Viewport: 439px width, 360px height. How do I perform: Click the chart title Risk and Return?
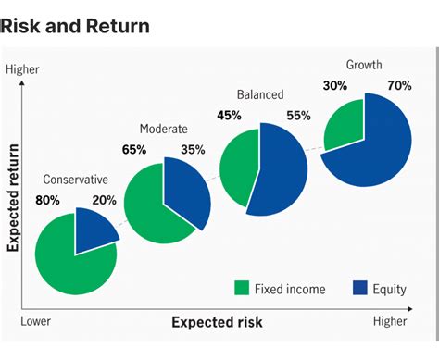point(75,25)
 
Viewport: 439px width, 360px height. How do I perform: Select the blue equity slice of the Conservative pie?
point(95,229)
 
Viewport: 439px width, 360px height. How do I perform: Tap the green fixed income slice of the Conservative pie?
point(69,259)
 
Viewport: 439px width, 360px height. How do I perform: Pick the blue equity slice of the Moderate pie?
point(183,195)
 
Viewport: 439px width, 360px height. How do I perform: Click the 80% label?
point(48,199)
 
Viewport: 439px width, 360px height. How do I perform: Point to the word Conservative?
point(76,180)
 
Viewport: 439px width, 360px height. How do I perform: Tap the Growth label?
point(364,65)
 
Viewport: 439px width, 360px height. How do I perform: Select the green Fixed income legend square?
point(243,289)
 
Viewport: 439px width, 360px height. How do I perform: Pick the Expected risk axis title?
point(217,322)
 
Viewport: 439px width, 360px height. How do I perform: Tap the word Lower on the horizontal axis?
point(37,320)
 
